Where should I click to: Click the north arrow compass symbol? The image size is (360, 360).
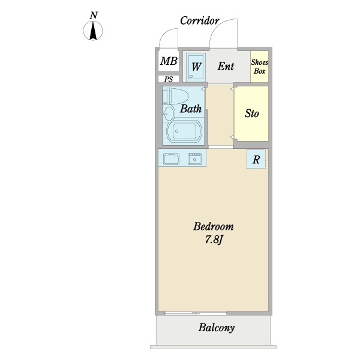(93, 31)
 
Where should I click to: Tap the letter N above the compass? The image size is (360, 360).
(94, 16)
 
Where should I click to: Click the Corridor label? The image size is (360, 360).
(200, 20)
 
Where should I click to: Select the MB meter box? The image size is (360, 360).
(169, 61)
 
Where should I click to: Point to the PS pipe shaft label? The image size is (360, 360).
(169, 79)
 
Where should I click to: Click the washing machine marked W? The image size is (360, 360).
(196, 67)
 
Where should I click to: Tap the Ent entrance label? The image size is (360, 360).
(226, 67)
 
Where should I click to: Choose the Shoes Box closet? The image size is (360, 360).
(259, 67)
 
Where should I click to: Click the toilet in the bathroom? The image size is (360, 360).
(175, 96)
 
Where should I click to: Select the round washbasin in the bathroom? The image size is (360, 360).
(169, 113)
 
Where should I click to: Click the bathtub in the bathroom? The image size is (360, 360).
(184, 131)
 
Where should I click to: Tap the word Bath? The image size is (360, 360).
(191, 109)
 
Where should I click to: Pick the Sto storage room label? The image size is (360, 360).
(251, 113)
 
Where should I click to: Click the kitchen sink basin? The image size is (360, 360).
(171, 159)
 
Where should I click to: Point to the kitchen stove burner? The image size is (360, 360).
(194, 159)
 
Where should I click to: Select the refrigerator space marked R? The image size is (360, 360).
(256, 159)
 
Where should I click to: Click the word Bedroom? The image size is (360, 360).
(214, 226)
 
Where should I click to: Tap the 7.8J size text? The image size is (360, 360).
(214, 239)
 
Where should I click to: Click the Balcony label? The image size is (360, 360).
(216, 328)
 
